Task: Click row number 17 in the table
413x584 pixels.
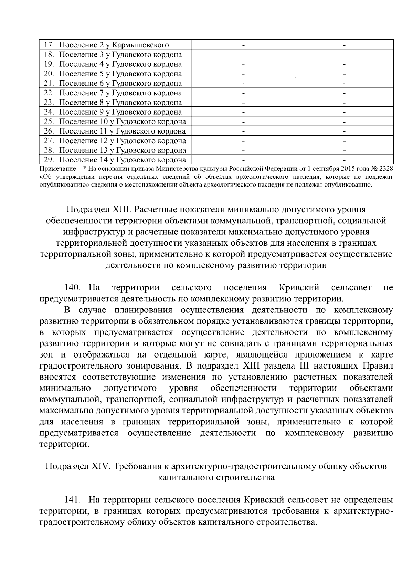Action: pyautogui.click(x=48, y=45)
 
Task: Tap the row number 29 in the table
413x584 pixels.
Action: pyautogui.click(x=48, y=160)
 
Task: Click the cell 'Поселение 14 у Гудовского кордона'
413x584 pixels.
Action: pyautogui.click(x=123, y=160)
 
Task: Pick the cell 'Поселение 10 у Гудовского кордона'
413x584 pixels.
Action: pyautogui.click(x=123, y=121)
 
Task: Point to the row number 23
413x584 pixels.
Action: pyautogui.click(x=48, y=102)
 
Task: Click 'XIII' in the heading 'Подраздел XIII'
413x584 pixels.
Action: pyautogui.click(x=120, y=209)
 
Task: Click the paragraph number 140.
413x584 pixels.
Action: pyautogui.click(x=72, y=287)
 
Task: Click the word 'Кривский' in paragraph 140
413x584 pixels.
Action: pyautogui.click(x=299, y=287)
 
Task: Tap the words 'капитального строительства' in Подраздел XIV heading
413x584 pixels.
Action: pyautogui.click(x=216, y=478)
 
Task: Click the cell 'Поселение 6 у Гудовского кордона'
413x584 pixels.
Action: pyautogui.click(x=120, y=83)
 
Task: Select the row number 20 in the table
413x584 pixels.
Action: pyautogui.click(x=48, y=74)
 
